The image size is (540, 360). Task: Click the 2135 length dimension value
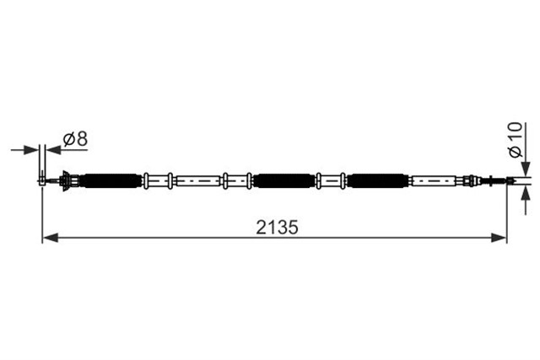point(277,227)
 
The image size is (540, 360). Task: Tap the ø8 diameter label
point(75,139)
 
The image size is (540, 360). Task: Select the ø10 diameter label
point(516,139)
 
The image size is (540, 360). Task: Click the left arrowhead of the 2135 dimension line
point(51,238)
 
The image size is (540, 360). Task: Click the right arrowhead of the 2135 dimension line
point(499,238)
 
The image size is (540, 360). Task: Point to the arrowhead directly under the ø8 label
point(54,150)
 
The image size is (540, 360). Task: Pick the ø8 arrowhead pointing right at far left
point(30,150)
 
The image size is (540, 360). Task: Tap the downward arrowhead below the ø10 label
point(525,169)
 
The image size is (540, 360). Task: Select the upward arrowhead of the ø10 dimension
point(525,194)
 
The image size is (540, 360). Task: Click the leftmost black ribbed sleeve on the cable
point(111,180)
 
